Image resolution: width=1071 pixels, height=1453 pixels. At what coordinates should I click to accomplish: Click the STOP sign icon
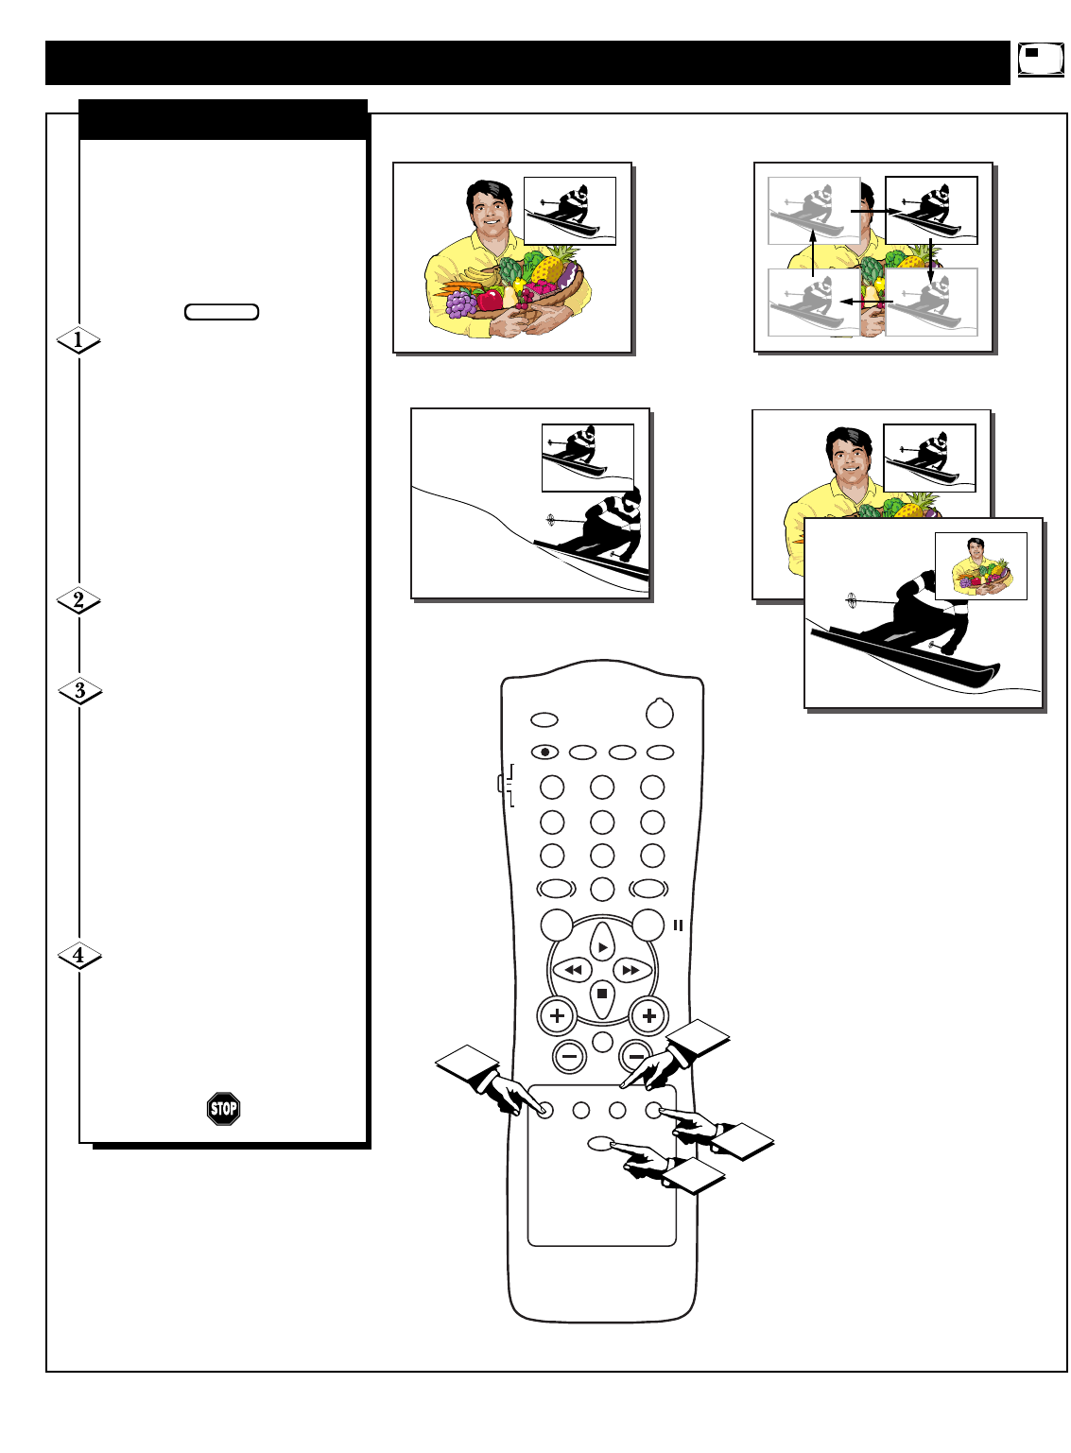224,1108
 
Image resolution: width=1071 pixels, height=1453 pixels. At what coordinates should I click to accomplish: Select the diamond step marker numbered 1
78,339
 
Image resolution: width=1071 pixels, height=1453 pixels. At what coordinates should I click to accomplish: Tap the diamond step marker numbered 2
78,600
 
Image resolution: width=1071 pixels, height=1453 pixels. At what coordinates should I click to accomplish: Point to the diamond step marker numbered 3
79,691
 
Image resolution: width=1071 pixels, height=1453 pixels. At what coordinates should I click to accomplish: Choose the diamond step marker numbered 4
78,956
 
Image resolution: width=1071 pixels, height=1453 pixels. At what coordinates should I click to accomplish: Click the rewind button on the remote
572,970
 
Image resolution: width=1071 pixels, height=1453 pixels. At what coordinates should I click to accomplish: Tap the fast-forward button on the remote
631,970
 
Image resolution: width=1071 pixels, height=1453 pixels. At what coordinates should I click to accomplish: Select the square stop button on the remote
602,995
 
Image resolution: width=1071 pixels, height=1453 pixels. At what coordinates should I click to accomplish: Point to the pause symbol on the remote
678,925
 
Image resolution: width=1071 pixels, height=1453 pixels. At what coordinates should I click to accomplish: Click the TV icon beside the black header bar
1040,60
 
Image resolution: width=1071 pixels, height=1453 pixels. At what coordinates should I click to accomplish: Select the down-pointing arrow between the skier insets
930,256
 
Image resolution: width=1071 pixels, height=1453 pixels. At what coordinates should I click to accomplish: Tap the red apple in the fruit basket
491,300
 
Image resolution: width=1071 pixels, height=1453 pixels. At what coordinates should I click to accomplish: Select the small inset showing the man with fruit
980,566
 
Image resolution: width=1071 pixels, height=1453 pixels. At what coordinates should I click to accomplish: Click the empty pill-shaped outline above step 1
222,312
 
